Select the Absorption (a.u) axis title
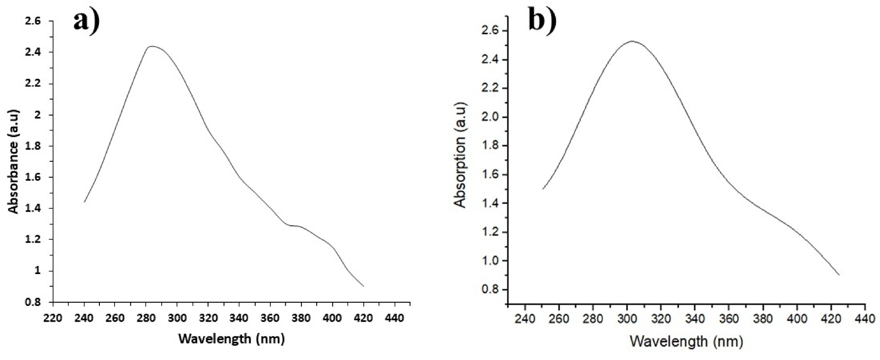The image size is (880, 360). click(x=460, y=154)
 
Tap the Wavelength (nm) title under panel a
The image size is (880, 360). click(x=231, y=339)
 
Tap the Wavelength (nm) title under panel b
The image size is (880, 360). click(x=686, y=342)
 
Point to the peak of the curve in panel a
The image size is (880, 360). click(x=152, y=46)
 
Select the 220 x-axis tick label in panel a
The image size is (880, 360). click(x=53, y=318)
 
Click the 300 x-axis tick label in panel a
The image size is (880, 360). click(x=177, y=318)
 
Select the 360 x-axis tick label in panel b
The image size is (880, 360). click(x=729, y=319)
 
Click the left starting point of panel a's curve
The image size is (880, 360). click(x=85, y=201)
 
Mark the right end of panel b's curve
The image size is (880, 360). click(x=839, y=275)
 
